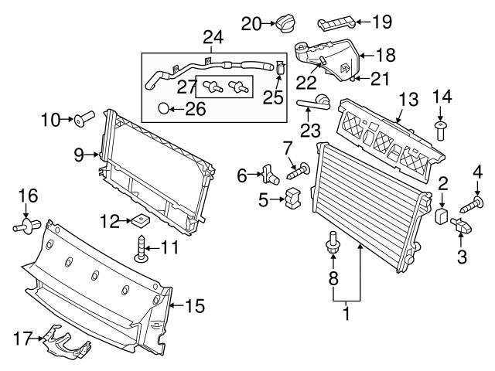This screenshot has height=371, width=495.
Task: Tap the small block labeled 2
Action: click(x=443, y=213)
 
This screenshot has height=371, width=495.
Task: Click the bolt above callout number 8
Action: click(x=333, y=243)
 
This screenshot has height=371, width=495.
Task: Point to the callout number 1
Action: click(x=346, y=315)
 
